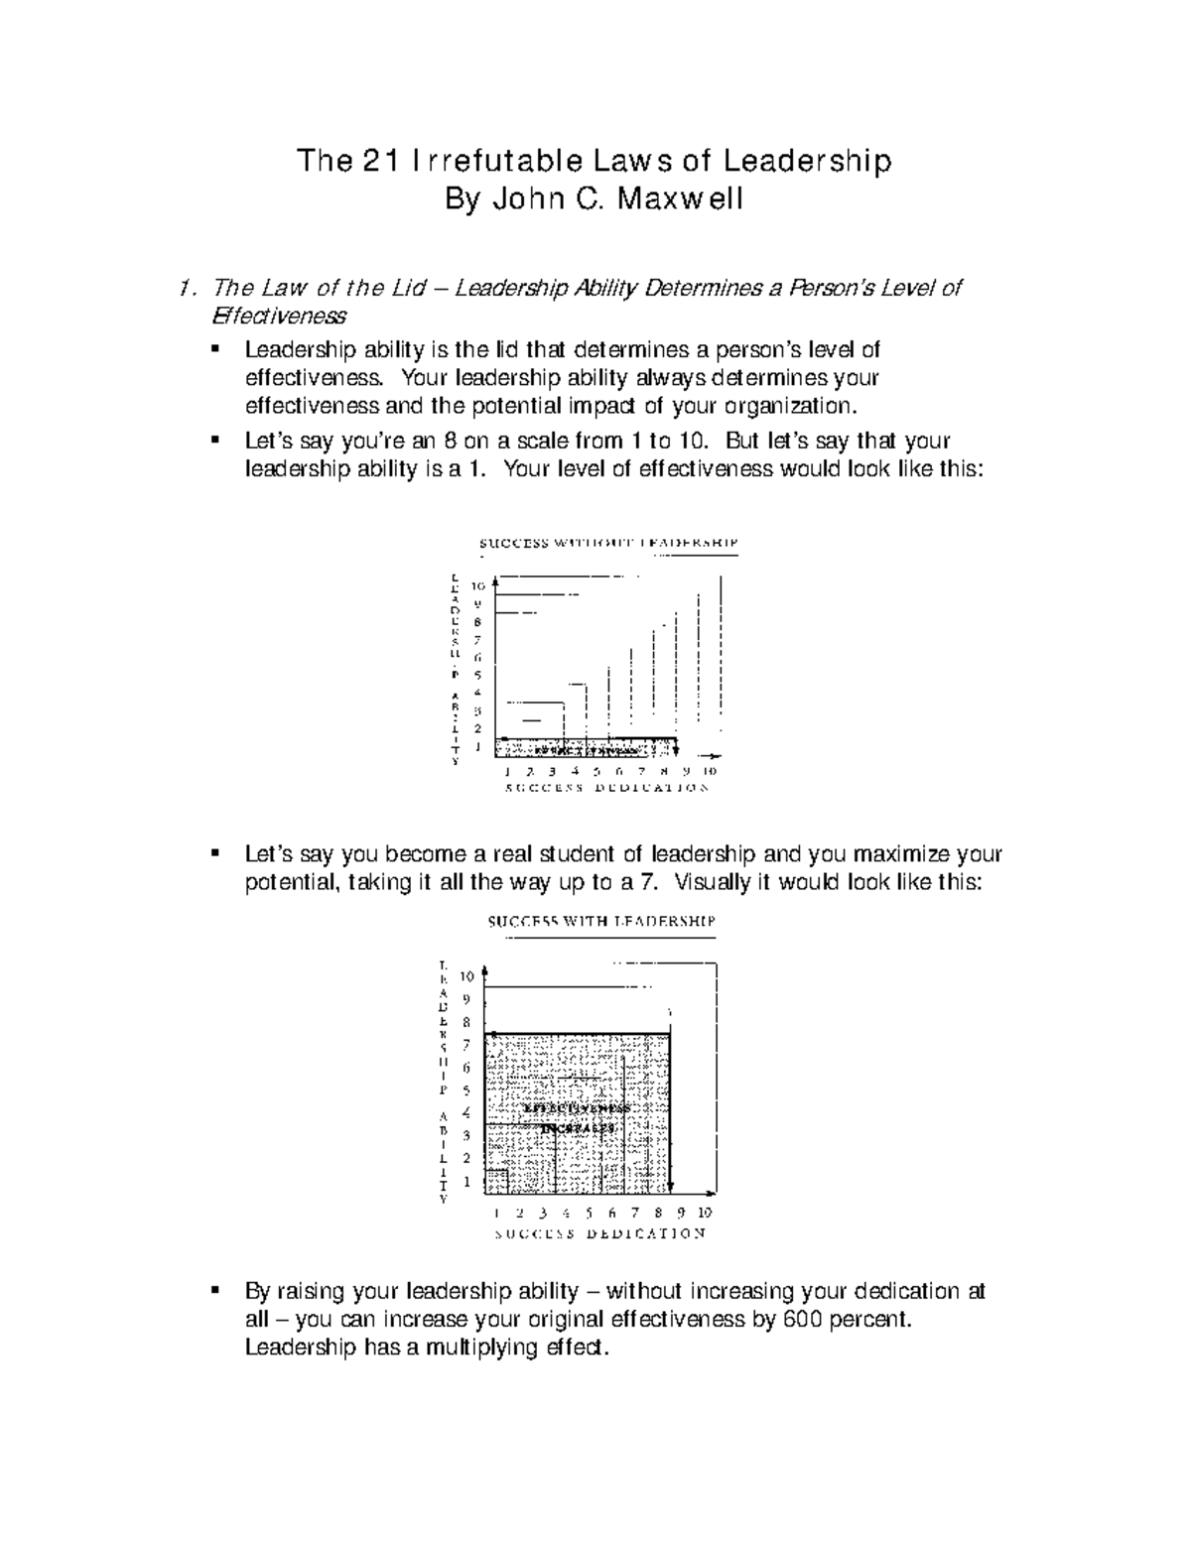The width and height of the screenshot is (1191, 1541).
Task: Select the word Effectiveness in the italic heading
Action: click(x=279, y=317)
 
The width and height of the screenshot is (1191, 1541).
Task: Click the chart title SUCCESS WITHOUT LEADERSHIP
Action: click(x=608, y=543)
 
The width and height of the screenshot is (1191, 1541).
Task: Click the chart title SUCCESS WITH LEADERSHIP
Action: click(x=601, y=921)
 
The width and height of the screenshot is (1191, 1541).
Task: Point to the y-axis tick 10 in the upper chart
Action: click(x=478, y=585)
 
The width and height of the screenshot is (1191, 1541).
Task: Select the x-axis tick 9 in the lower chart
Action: click(x=681, y=1213)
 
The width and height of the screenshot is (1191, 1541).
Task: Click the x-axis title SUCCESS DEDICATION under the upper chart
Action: click(x=606, y=789)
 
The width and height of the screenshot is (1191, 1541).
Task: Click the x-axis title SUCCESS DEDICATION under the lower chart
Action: click(x=599, y=1233)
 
